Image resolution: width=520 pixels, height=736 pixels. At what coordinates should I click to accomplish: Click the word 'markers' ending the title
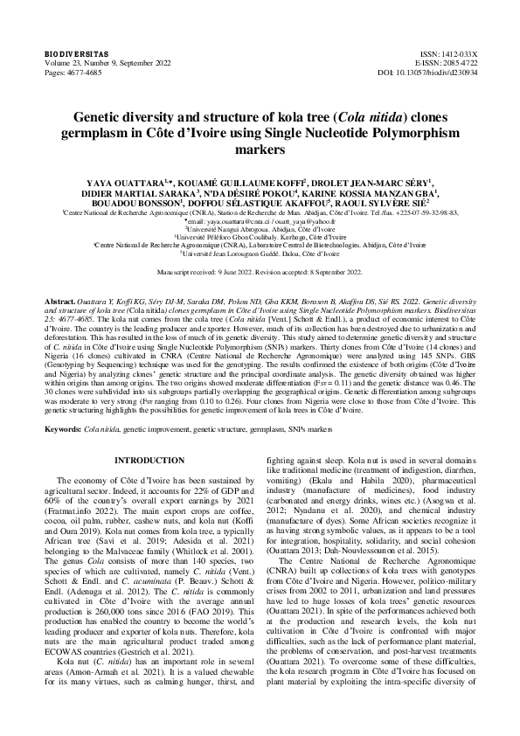tap(260, 149)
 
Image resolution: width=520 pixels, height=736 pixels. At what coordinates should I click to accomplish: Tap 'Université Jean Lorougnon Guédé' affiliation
tap(260, 253)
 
